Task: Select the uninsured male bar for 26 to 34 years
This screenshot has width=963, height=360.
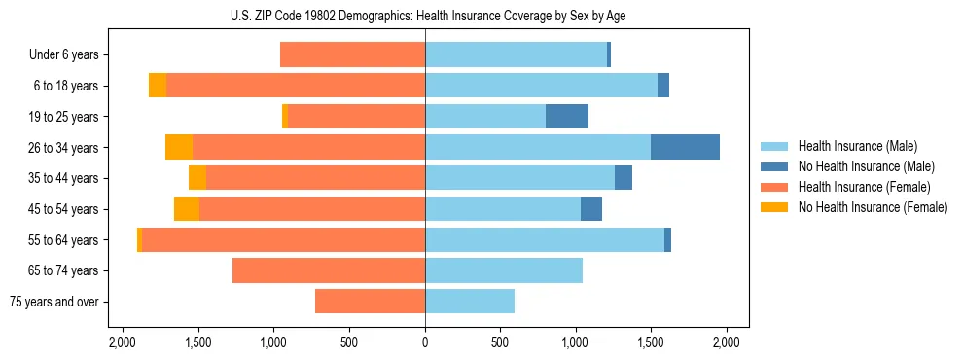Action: tap(685, 147)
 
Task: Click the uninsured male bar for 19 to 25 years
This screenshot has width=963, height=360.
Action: tap(567, 117)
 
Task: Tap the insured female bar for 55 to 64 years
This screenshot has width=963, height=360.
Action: tap(283, 239)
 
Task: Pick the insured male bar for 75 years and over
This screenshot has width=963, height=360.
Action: tap(470, 302)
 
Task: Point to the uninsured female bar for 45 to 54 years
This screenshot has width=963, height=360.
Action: tap(187, 209)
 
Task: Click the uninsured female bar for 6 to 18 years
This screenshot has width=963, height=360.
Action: tap(158, 86)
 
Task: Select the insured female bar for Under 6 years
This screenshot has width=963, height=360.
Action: tap(352, 54)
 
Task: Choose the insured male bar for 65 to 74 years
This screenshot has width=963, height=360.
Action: tap(504, 270)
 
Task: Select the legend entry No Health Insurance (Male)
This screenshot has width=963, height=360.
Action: tap(866, 166)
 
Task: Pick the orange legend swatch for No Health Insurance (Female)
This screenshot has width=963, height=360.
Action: tap(774, 207)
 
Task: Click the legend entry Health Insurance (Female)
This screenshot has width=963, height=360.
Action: tap(864, 187)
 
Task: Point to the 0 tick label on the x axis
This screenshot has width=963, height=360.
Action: tap(425, 342)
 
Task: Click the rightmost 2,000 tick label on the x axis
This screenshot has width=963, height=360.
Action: tap(727, 342)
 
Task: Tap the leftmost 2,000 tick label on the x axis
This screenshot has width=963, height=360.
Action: tap(122, 342)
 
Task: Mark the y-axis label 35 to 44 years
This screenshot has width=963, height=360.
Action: tap(64, 178)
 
